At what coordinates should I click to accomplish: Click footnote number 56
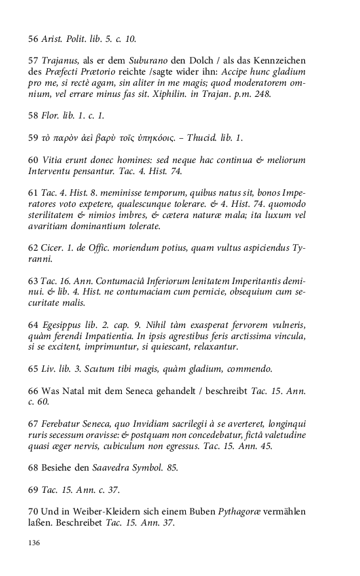click(34, 39)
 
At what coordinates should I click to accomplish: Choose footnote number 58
click(34, 117)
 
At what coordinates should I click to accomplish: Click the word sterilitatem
click(59, 216)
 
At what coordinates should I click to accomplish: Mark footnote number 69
click(34, 491)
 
